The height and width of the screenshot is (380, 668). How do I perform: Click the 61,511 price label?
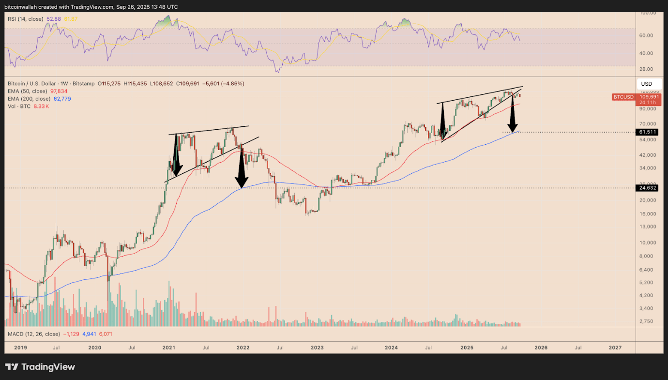point(647,132)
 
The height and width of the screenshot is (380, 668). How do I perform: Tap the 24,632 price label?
point(647,188)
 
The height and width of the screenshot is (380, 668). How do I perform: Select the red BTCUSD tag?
point(623,97)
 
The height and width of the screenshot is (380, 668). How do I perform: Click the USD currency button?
point(647,84)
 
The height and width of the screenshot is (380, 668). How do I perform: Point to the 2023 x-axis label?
point(317,347)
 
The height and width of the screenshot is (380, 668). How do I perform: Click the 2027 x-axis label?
point(615,347)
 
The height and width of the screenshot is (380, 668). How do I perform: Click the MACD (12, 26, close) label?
point(33,334)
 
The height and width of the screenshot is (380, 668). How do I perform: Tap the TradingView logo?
point(40,367)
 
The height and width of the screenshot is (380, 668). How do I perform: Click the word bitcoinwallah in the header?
point(22,7)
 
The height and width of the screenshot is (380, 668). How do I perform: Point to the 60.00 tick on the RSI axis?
point(647,35)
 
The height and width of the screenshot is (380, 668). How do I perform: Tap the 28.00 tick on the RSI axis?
point(647,69)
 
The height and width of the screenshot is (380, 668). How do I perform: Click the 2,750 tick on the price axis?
point(647,321)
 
